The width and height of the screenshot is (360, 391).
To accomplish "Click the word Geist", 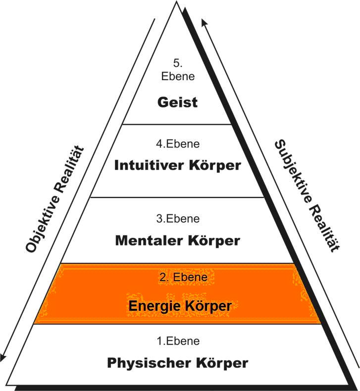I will pos(177,102).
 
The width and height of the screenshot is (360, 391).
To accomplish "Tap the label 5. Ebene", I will pos(178,70).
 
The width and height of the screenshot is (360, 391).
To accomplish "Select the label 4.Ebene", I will pos(177,145).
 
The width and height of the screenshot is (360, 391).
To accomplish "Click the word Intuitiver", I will pos(149,165).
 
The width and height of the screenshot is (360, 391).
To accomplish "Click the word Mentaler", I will pos(149,241).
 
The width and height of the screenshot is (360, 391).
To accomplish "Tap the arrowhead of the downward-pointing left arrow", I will pos(4,357).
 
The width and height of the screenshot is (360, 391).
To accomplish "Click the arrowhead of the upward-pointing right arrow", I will pos(204,22).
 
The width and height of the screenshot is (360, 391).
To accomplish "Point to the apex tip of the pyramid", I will pos(176,3).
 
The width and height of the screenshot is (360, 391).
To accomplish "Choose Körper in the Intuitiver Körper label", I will pos(214,165).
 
